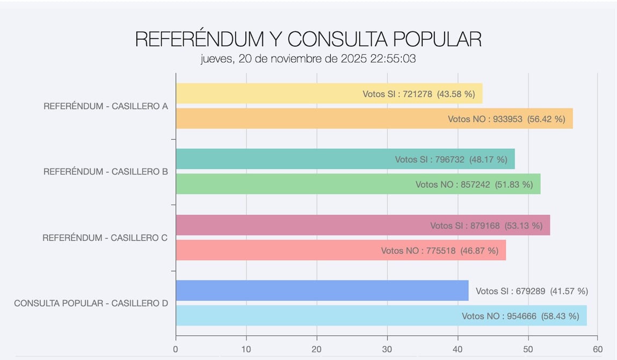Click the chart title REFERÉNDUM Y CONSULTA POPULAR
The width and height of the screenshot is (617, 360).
(308, 39)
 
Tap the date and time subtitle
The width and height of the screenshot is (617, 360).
(308, 59)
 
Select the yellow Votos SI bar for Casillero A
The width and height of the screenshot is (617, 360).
(268, 93)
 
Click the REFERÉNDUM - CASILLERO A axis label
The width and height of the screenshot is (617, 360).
(106, 106)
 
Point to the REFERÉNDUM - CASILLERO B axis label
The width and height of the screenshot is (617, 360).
(106, 172)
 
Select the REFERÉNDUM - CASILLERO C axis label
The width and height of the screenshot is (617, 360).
(105, 237)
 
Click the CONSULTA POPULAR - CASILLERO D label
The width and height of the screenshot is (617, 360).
(91, 303)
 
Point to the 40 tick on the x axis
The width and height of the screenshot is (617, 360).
(458, 348)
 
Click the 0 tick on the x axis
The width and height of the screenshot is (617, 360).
(176, 348)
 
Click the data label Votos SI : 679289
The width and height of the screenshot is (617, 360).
(510, 291)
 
